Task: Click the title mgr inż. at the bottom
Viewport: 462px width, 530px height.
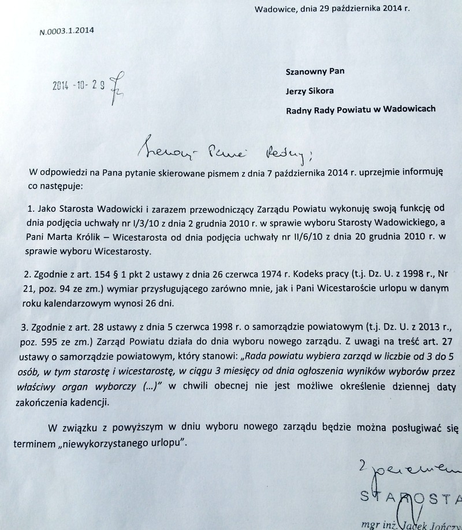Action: pyautogui.click(x=376, y=524)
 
